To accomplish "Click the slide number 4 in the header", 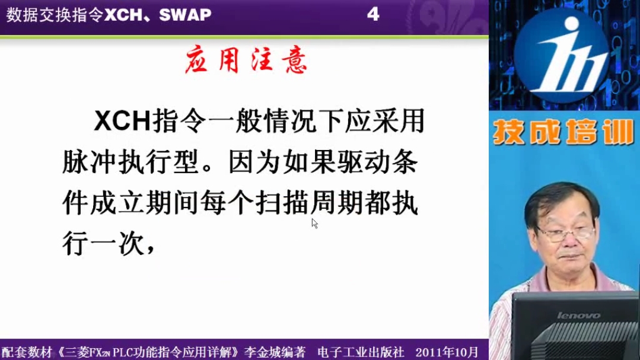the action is [373, 15].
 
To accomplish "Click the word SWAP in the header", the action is [185, 15].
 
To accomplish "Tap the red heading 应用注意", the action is [246, 60].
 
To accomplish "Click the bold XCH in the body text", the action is [122, 121].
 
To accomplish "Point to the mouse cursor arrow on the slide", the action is [314, 223].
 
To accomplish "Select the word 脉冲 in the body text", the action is [89, 162].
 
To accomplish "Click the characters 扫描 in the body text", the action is [282, 203].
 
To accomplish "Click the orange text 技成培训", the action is [563, 132].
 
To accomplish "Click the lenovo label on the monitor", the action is [578, 316].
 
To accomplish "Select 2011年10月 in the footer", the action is [447, 352].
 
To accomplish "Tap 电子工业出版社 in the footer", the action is [361, 352].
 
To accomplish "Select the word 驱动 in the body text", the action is [364, 162].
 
